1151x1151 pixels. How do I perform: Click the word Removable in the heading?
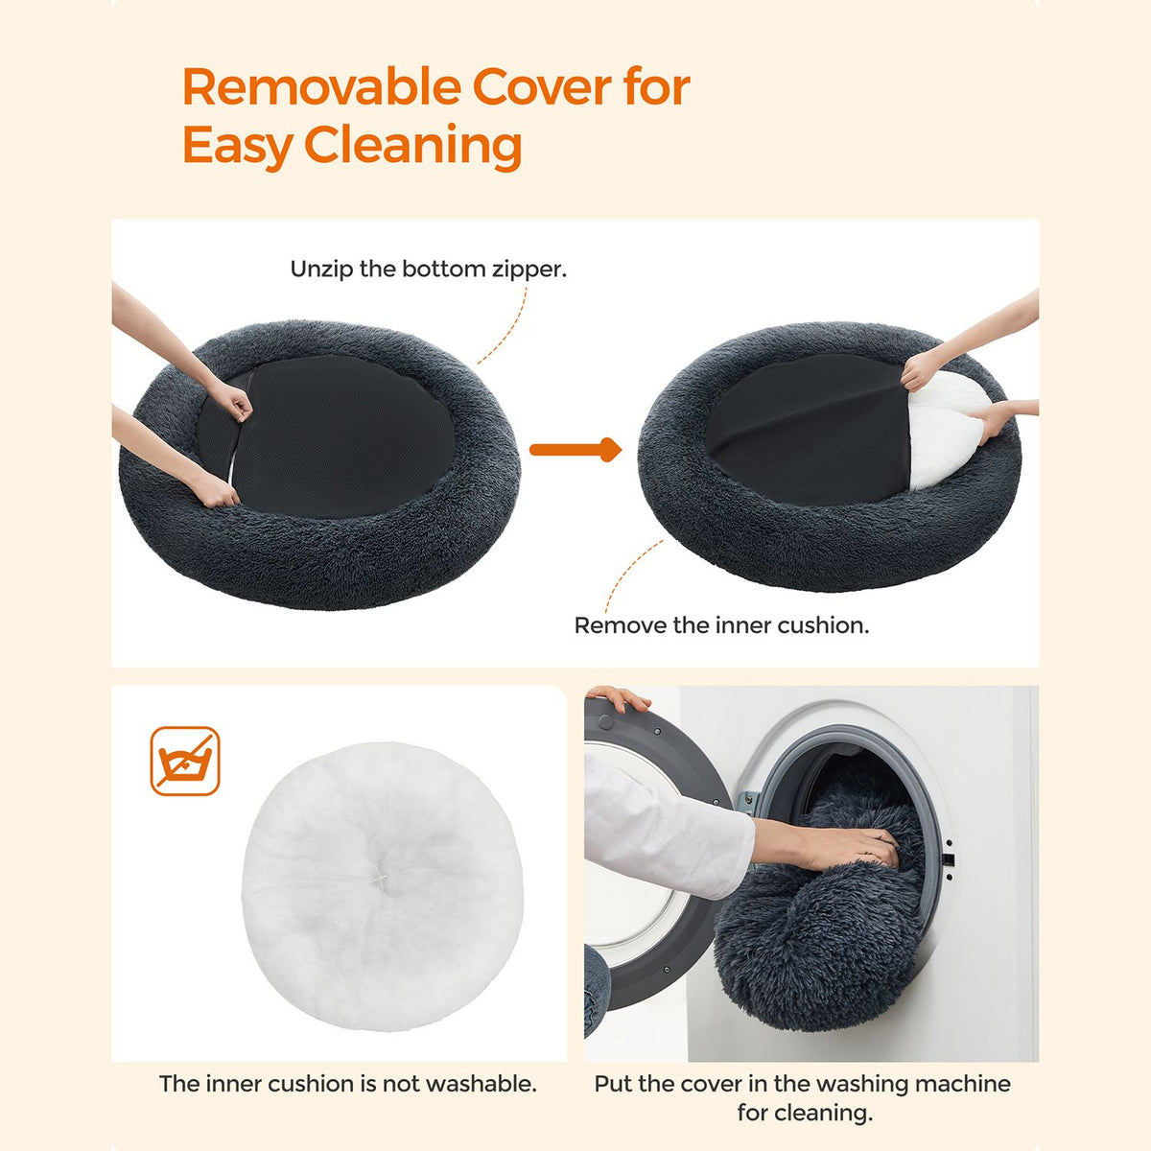coord(320,88)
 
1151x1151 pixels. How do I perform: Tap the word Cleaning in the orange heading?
coord(413,147)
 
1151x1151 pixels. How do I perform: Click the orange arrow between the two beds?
coord(575,449)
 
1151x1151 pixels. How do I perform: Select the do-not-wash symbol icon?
coord(185,761)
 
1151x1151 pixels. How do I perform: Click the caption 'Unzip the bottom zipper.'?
coord(428,270)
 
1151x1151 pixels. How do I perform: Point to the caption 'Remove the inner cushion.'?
coord(721,625)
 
